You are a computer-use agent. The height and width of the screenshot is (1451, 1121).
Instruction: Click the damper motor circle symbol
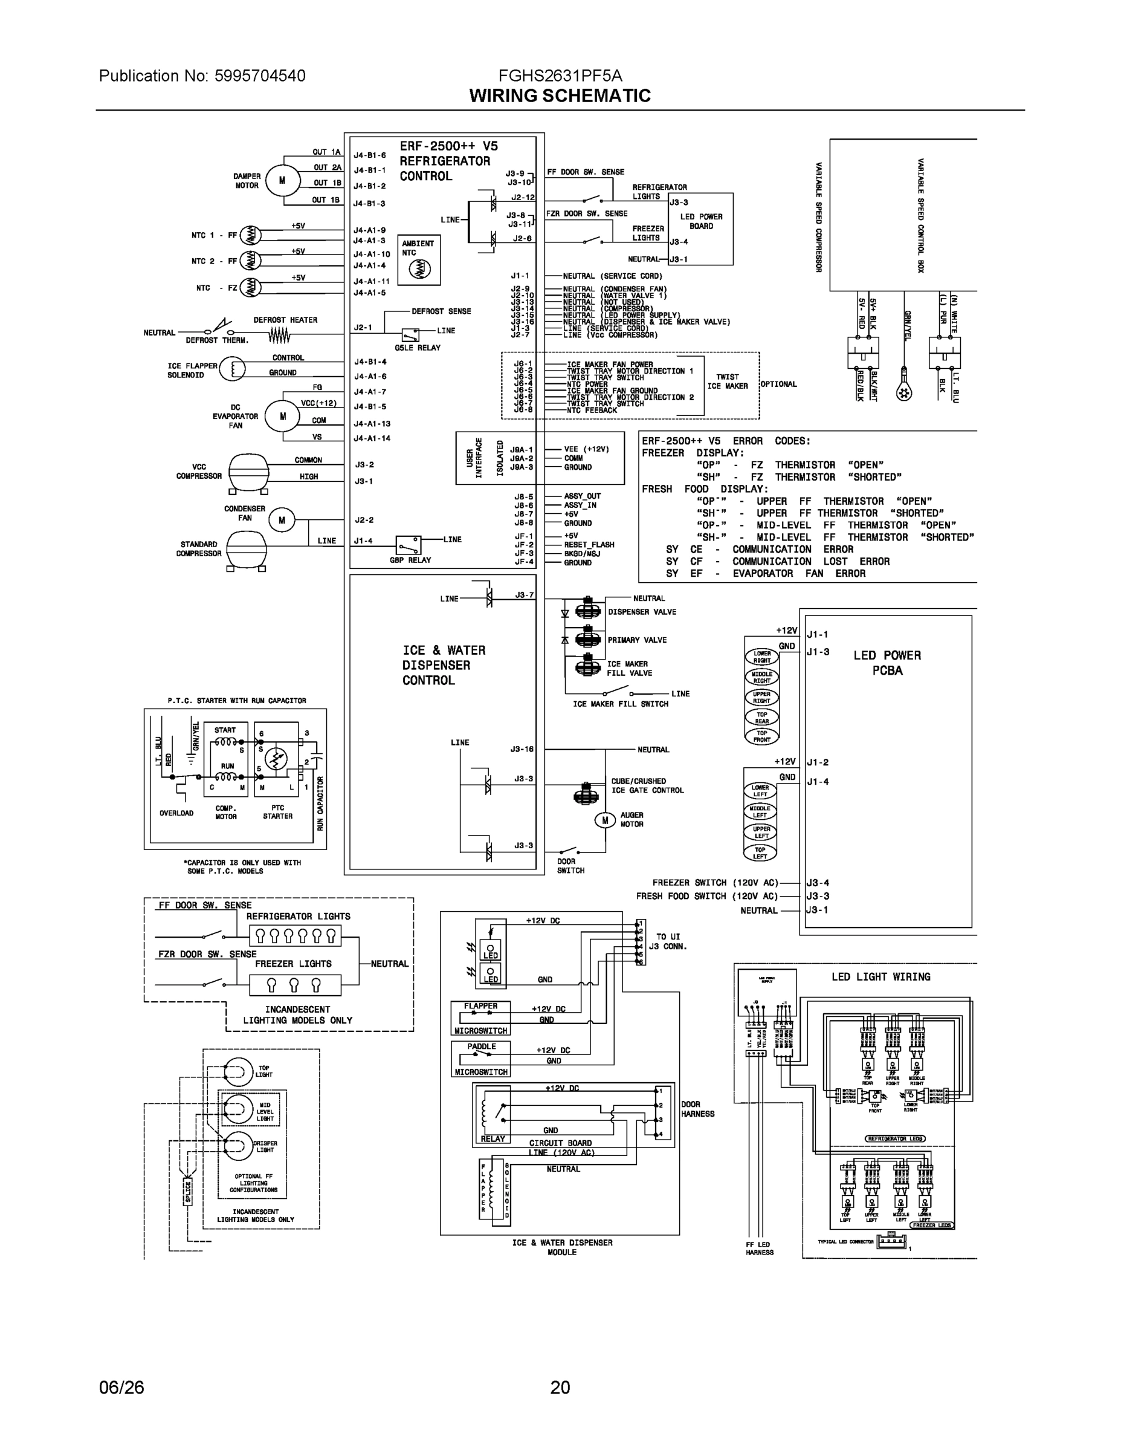pyautogui.click(x=283, y=180)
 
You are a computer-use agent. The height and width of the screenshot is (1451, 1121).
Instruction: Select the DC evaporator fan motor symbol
pyautogui.click(x=283, y=417)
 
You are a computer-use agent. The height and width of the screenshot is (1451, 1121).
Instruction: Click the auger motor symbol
pyautogui.click(x=604, y=820)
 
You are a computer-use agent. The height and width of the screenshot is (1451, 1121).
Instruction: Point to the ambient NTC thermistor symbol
pyautogui.click(x=419, y=268)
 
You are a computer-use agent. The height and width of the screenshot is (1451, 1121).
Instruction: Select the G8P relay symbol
pyautogui.click(x=408, y=545)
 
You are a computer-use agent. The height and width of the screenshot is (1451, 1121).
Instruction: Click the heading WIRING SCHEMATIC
pyautogui.click(x=560, y=96)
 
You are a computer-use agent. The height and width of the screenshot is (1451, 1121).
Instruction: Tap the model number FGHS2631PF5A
pyautogui.click(x=560, y=75)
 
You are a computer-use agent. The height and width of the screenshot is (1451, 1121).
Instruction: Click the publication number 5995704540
pyautogui.click(x=260, y=76)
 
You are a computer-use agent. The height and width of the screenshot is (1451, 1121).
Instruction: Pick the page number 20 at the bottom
pyautogui.click(x=560, y=1388)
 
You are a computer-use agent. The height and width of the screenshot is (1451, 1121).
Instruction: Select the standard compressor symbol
pyautogui.click(x=247, y=549)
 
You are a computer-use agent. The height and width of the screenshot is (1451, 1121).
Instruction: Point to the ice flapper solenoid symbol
pyautogui.click(x=232, y=369)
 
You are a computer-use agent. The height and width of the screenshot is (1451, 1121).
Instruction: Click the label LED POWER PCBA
pyautogui.click(x=887, y=663)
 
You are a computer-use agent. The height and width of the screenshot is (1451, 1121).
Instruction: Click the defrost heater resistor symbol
pyautogui.click(x=280, y=337)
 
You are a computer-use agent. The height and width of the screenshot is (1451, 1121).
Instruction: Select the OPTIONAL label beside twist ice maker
pyautogui.click(x=778, y=384)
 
